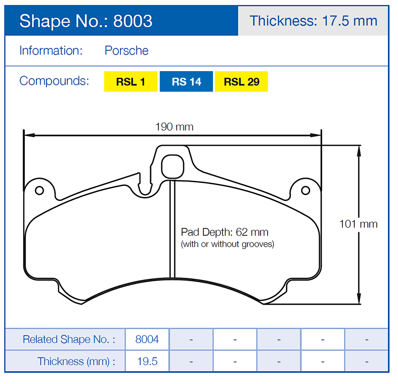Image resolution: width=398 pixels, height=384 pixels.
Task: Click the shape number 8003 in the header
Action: pos(133,21)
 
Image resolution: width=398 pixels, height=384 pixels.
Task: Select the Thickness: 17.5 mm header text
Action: pos(313,21)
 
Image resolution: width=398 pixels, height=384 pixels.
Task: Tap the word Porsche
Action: pos(126,51)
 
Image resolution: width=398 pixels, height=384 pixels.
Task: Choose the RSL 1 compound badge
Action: pos(131,82)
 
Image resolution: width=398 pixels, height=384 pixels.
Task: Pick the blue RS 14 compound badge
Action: pos(186,82)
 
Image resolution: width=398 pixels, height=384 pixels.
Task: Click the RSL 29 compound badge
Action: pos(241,82)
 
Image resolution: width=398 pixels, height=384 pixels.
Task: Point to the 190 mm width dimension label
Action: pos(174,127)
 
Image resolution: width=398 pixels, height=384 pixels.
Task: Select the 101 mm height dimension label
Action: pos(358,224)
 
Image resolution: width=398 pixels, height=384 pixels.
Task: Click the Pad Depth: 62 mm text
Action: pos(225,232)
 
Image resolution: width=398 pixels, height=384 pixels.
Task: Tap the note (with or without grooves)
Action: pos(227,244)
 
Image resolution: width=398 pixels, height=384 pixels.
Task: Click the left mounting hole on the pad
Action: pos(39,190)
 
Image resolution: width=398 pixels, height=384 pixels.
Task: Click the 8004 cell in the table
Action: pos(147,339)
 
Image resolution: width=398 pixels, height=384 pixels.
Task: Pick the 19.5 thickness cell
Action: pos(147,361)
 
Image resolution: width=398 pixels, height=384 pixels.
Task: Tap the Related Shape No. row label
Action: pos(69,339)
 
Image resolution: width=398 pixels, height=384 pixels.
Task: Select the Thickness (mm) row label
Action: pos(76,361)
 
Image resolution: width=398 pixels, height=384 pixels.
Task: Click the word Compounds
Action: pos(54,81)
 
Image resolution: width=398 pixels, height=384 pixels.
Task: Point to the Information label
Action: pos(51,51)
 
